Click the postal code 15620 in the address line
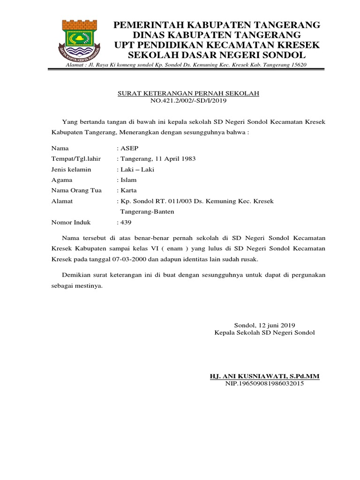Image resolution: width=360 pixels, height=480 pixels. pos(298,64)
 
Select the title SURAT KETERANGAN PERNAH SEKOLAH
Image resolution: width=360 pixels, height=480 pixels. pos(188,94)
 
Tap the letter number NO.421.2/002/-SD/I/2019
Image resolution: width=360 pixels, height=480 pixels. pos(188,101)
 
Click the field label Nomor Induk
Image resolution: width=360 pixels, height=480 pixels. pos(71,222)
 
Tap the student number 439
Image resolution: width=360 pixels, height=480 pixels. pos(126,222)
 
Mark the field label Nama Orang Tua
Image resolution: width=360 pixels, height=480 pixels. pos(76,190)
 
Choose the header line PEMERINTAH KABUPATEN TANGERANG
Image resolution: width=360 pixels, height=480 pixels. pos(217,24)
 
